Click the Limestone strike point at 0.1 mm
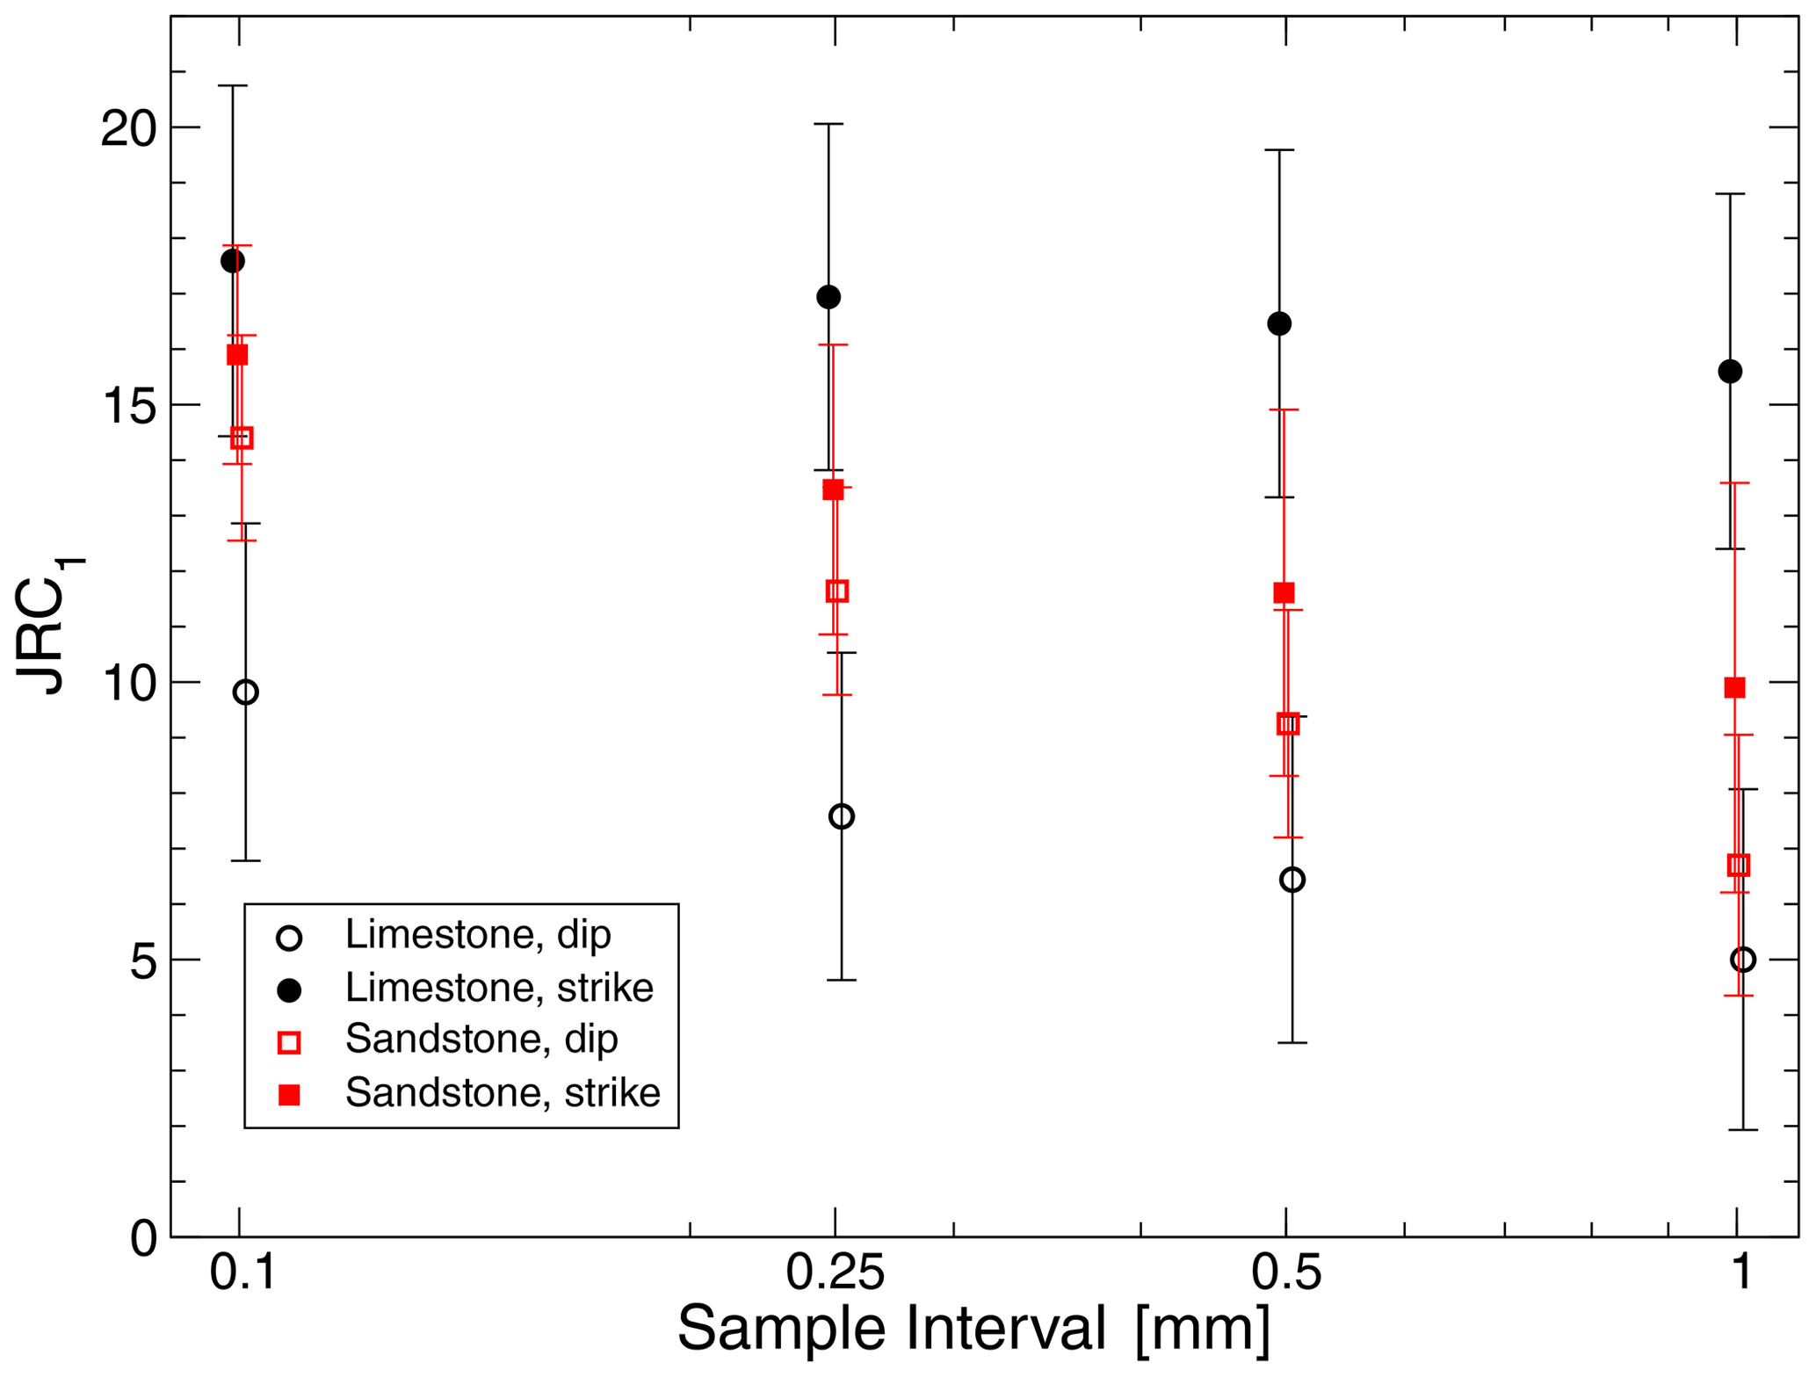point(233,261)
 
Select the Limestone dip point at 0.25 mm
point(842,816)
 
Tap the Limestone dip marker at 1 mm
point(1743,960)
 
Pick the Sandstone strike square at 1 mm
point(1734,687)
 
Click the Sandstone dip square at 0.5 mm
point(1288,724)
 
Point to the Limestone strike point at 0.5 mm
point(1279,323)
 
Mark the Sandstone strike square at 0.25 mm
point(833,489)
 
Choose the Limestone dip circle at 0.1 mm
point(246,692)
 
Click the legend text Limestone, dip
point(477,935)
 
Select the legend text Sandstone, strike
point(503,1092)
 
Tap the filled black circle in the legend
point(289,990)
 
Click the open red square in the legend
point(289,1042)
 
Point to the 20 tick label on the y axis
point(127,128)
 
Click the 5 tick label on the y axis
point(142,962)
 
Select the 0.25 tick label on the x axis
point(835,1273)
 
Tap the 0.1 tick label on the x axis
point(242,1273)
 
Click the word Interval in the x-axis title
point(1006,1329)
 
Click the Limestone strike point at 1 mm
point(1730,372)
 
